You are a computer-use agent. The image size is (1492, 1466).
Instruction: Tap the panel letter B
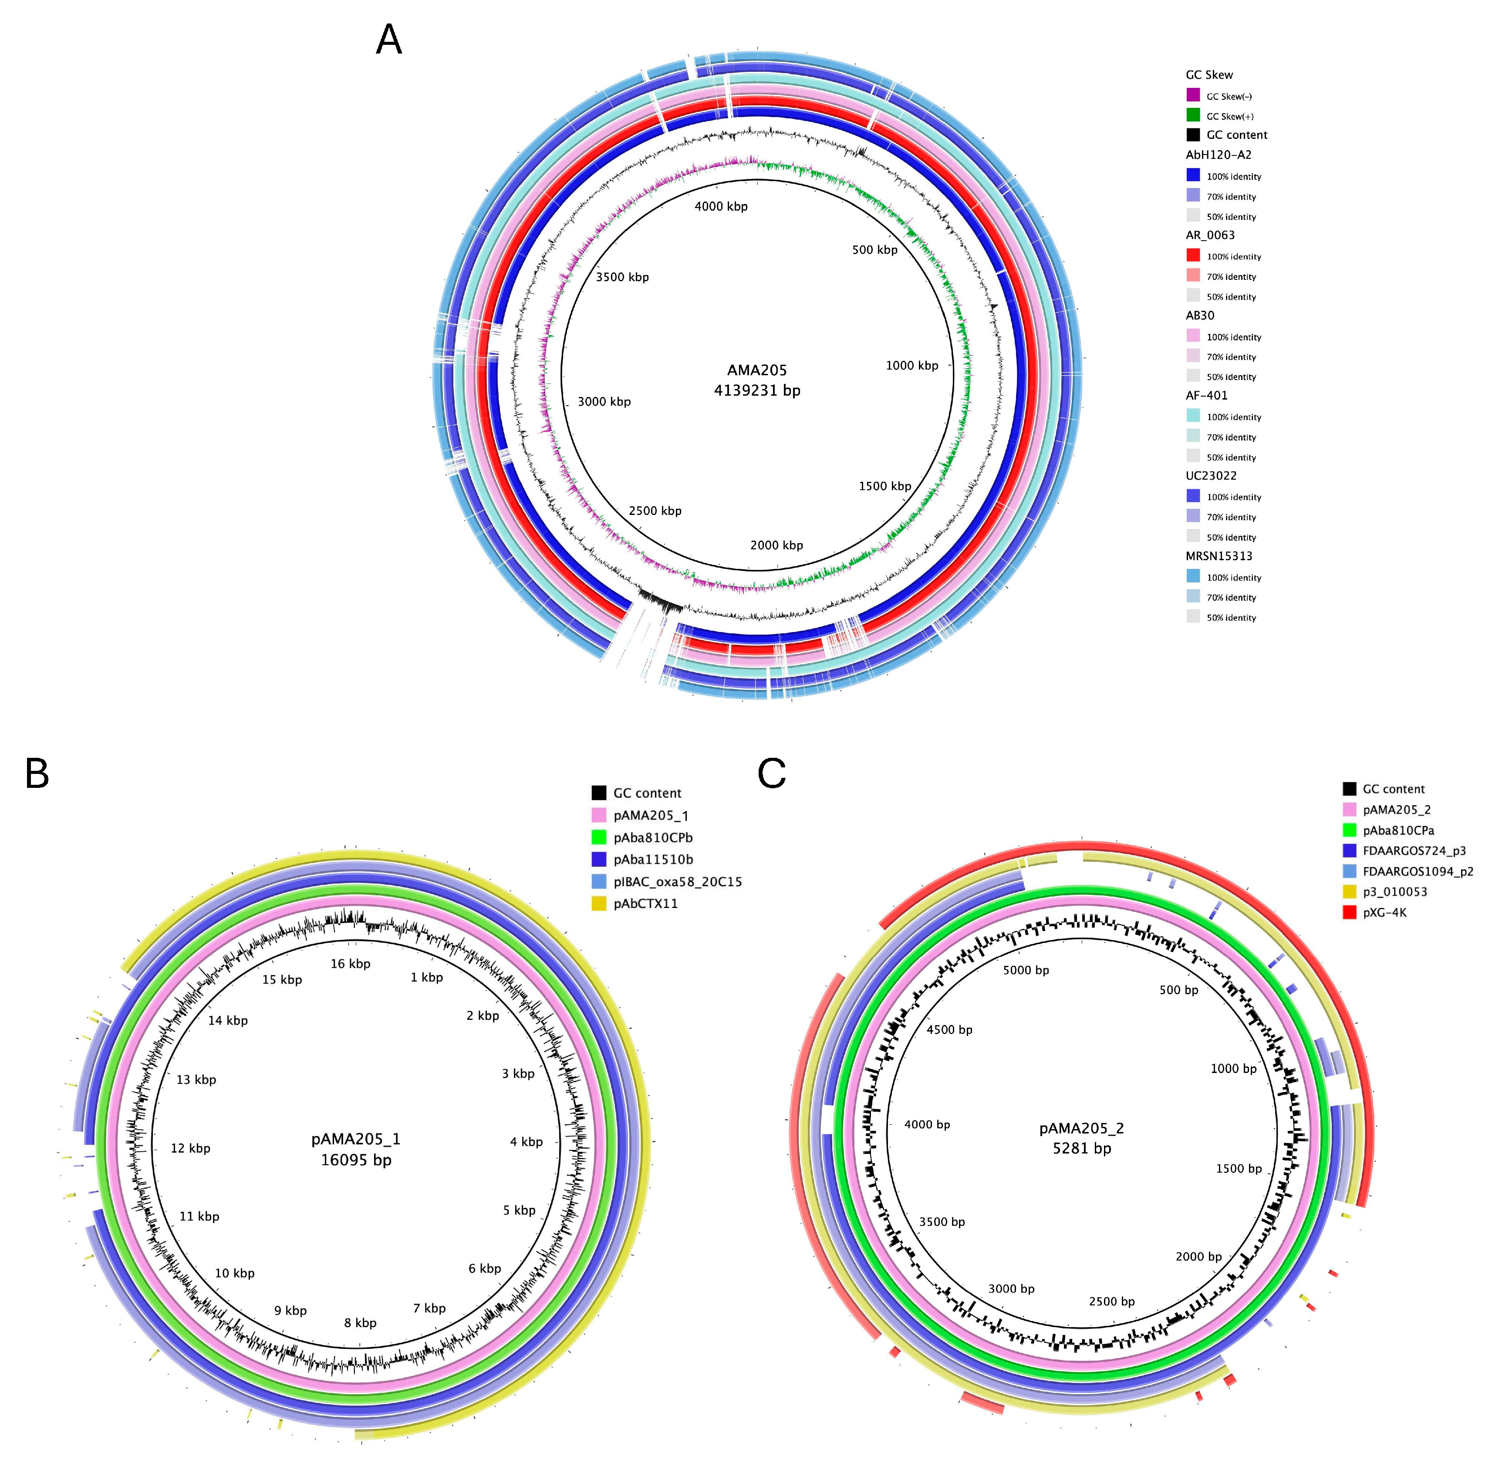pos(37,773)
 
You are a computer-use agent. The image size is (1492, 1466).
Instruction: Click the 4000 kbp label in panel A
pos(721,206)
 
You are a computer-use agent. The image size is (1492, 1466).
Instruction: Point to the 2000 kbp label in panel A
pos(776,545)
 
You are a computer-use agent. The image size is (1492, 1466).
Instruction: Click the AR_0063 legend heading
pos(1210,235)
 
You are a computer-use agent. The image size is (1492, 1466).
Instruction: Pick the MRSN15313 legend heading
pos(1219,556)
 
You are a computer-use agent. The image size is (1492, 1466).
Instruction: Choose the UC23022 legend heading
pos(1211,476)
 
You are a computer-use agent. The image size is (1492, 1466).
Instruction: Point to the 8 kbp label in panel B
pos(361,1323)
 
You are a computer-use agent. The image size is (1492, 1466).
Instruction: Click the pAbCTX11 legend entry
pos(645,903)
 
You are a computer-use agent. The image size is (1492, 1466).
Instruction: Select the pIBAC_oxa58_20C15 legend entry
pos(677,881)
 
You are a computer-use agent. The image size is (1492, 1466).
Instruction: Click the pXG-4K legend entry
pos(1384,912)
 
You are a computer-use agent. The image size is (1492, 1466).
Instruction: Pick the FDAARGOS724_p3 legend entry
pos(1414,851)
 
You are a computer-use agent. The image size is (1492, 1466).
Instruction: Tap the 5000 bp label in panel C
pos(1026,970)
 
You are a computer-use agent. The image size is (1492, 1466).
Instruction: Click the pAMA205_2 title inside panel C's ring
pos(1081,1128)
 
